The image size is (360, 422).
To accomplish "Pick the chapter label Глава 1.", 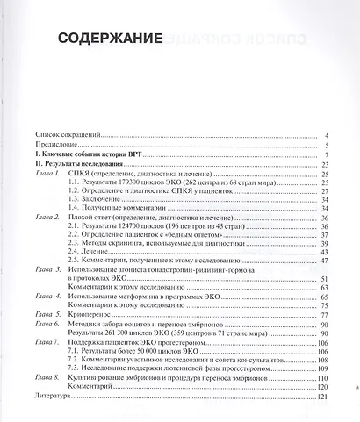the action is (x=45, y=175).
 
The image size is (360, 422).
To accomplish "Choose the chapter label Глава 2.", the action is (x=45, y=216).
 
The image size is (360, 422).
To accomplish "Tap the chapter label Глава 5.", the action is (x=45, y=315).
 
